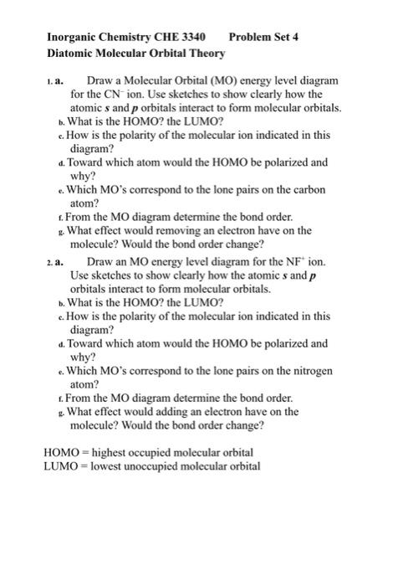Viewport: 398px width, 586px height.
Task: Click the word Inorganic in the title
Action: click(x=77, y=38)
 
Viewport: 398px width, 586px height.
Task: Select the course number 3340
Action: click(x=189, y=38)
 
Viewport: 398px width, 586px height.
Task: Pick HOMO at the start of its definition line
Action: click(x=60, y=452)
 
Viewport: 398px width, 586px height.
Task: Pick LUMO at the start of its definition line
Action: click(x=59, y=466)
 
